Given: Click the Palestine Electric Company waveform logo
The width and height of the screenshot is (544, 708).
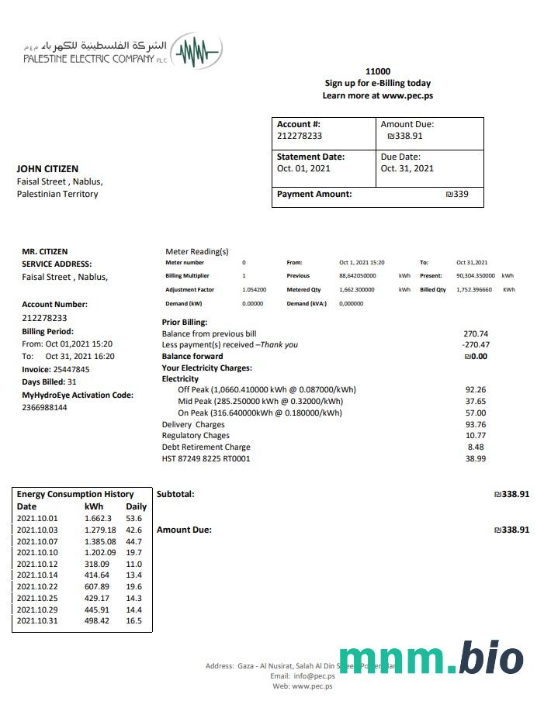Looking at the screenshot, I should pyautogui.click(x=196, y=52).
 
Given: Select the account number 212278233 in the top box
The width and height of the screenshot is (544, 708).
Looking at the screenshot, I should pyautogui.click(x=300, y=136).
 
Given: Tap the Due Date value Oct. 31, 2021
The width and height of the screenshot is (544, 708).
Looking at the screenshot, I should pyautogui.click(x=407, y=168).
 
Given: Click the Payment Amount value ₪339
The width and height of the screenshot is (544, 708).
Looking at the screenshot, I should pyautogui.click(x=457, y=194).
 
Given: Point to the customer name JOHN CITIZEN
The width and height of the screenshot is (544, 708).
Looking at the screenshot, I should pyautogui.click(x=47, y=168).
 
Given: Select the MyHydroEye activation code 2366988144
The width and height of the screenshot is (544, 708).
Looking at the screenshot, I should pyautogui.click(x=44, y=407).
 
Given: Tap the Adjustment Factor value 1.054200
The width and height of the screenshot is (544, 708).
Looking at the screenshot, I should pyautogui.click(x=255, y=289).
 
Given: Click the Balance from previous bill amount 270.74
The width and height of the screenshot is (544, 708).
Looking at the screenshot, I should pyautogui.click(x=475, y=333).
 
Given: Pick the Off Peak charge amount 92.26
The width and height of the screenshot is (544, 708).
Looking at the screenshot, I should pyautogui.click(x=475, y=389).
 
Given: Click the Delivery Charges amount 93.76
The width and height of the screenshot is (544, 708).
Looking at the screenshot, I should pyautogui.click(x=475, y=424).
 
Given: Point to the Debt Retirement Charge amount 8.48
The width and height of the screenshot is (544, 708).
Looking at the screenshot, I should pyautogui.click(x=476, y=447).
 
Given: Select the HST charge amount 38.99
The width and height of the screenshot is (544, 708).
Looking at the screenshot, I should pyautogui.click(x=475, y=458).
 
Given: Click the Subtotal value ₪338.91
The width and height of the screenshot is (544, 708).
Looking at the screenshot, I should pyautogui.click(x=511, y=493).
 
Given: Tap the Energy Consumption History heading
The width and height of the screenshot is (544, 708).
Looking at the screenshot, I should pyautogui.click(x=75, y=494).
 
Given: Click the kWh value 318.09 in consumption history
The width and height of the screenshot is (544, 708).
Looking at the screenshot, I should pyautogui.click(x=97, y=564).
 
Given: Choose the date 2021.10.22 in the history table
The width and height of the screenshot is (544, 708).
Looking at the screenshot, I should pyautogui.click(x=37, y=586).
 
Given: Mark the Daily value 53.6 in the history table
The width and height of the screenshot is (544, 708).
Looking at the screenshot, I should pyautogui.click(x=134, y=518).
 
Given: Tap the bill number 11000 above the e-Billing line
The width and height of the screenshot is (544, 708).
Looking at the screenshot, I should pyautogui.click(x=377, y=71).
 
